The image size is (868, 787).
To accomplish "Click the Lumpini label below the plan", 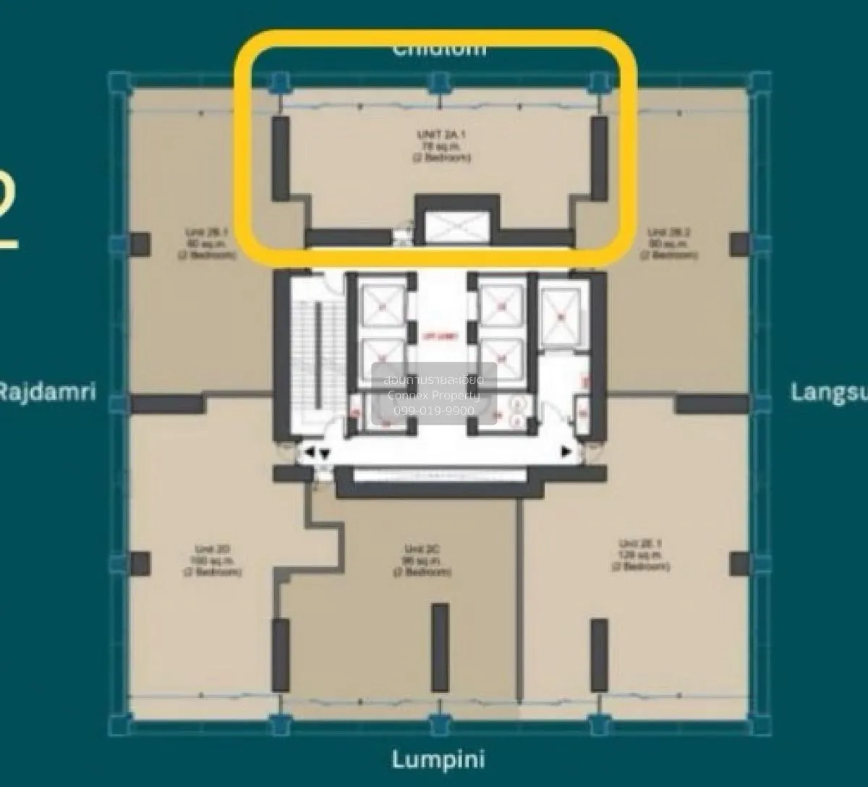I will click(x=438, y=760).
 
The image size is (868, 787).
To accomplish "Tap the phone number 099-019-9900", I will click(x=434, y=410).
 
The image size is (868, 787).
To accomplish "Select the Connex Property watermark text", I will click(x=434, y=396).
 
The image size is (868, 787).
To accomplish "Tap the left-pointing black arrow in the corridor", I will click(x=310, y=452).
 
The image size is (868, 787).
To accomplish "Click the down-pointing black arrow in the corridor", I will click(x=325, y=454).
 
